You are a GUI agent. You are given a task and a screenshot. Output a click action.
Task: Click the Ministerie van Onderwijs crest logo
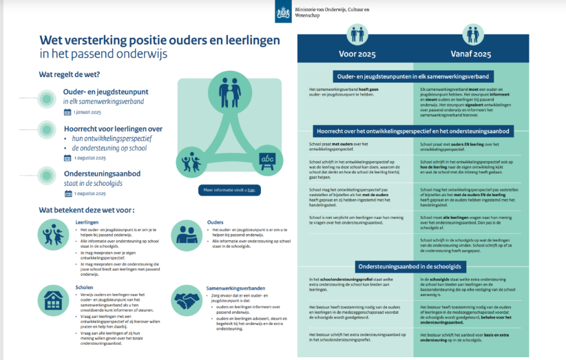click(283, 11)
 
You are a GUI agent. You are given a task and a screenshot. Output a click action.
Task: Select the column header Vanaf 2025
click(471, 54)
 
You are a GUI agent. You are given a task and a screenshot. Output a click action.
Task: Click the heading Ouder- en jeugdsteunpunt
click(103, 91)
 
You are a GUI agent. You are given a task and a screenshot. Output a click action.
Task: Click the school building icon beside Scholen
click(52, 300)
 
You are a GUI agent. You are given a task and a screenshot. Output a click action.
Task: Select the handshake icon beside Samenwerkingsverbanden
click(185, 299)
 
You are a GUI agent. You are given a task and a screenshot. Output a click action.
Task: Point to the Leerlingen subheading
click(87, 222)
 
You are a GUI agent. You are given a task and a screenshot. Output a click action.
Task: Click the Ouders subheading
click(215, 222)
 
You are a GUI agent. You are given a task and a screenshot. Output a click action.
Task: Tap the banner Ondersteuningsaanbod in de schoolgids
click(413, 266)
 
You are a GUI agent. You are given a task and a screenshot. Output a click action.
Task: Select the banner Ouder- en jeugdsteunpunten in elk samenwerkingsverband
click(413, 76)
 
